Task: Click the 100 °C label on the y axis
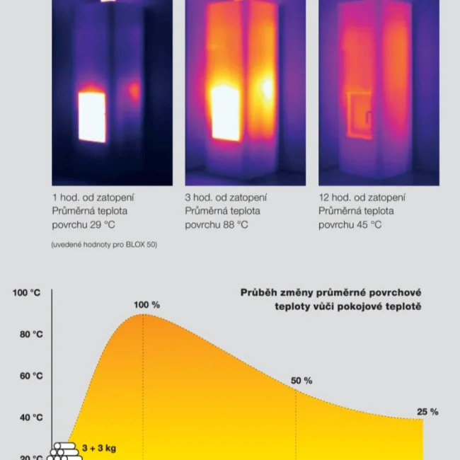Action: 27,292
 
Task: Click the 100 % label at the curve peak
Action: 147,305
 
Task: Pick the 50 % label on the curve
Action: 301,381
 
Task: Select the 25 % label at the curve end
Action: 427,412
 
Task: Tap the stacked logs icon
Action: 66,451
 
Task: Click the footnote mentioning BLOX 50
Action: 104,245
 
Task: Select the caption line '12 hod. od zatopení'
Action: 362,197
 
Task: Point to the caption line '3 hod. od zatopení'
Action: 226,197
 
